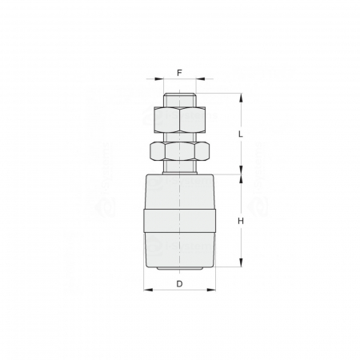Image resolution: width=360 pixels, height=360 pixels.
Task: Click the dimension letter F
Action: coord(179,71)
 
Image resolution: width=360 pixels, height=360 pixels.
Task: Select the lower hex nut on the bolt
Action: coord(179,151)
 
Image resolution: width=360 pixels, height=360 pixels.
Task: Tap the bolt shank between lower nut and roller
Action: coord(179,167)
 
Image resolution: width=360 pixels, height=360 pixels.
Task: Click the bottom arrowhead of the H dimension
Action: coord(240,265)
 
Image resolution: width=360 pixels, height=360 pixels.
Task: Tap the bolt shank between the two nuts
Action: coord(179,137)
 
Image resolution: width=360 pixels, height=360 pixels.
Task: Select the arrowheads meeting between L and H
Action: coord(240,174)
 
